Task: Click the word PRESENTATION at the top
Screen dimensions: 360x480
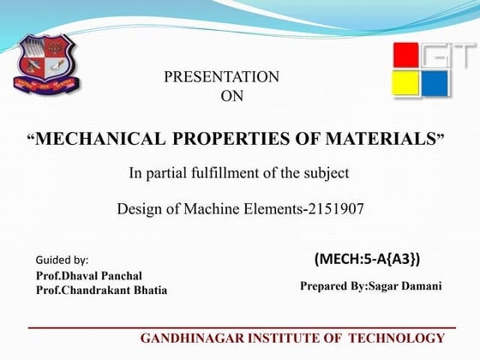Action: (x=221, y=77)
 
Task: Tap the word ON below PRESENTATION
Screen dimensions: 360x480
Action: (x=232, y=97)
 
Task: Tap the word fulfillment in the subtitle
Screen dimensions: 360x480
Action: (x=216, y=173)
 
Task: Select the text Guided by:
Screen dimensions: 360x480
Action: (x=62, y=259)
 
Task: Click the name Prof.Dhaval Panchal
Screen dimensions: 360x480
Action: (x=89, y=276)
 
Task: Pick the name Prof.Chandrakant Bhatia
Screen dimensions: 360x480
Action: (x=101, y=291)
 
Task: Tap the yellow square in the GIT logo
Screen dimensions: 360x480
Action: (x=406, y=84)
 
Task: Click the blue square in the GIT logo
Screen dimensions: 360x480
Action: (x=435, y=84)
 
